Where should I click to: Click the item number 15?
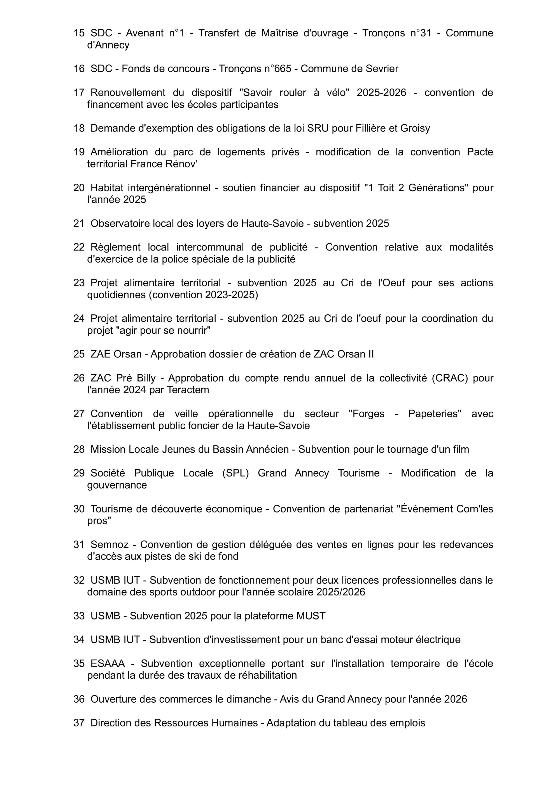coord(79,33)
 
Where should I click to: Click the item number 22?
coord(79,247)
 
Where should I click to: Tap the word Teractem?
coord(188,390)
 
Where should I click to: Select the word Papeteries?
coord(434,413)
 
